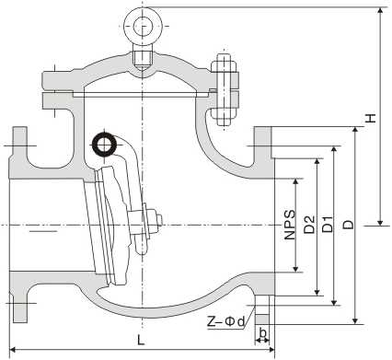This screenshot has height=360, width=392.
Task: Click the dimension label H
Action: tap(369, 118)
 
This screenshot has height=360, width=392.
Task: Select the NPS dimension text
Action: tap(290, 224)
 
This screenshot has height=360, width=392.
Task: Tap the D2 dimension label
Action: tap(309, 224)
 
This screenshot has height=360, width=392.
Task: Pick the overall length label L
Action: tap(140, 340)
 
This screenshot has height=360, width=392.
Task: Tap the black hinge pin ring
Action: tap(103, 144)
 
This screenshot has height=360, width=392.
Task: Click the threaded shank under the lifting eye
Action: tap(141, 57)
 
